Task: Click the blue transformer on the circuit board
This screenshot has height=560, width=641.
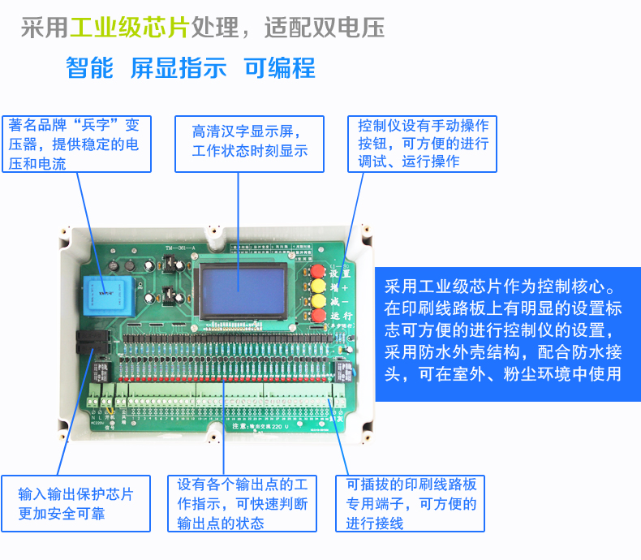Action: tap(103, 289)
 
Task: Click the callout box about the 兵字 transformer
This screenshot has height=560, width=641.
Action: tap(76, 144)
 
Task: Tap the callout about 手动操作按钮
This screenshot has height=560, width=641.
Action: tap(423, 143)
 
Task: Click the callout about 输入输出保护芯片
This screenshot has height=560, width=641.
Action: tap(75, 502)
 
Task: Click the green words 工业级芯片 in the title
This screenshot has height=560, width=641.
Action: tap(129, 28)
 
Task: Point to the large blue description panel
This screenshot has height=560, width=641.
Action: tap(507, 334)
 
